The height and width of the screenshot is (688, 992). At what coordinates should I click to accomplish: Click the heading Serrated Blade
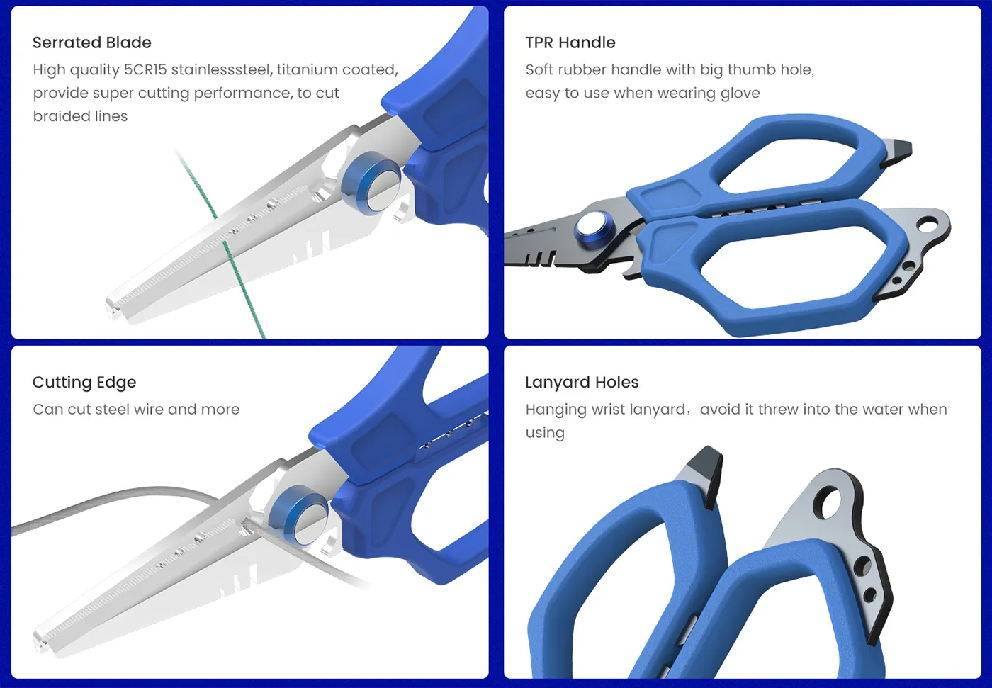(91, 43)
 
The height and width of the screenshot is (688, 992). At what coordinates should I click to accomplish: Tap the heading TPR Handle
(570, 43)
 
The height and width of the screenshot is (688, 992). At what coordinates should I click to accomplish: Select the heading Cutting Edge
(84, 383)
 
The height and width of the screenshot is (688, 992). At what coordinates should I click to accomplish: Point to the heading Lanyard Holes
(581, 383)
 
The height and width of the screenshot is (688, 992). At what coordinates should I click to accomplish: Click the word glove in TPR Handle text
(740, 94)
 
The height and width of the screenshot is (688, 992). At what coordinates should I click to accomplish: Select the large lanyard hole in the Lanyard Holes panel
(827, 506)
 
